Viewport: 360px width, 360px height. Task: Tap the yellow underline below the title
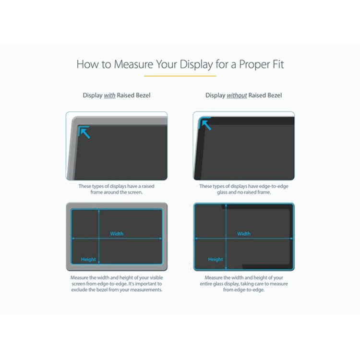click(180, 76)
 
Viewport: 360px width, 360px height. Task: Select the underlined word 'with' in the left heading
click(109, 96)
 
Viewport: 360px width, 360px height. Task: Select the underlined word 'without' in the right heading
click(237, 96)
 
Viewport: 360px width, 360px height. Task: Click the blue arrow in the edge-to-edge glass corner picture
click(206, 125)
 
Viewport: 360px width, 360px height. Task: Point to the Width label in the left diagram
click(117, 234)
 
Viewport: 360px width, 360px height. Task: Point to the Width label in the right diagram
click(244, 234)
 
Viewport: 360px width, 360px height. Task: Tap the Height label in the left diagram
click(88, 259)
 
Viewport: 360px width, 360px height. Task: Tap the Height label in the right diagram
click(216, 259)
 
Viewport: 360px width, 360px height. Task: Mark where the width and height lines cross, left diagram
click(98, 238)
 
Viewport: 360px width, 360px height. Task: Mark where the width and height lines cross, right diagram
click(226, 238)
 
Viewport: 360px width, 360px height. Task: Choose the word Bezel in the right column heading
click(272, 96)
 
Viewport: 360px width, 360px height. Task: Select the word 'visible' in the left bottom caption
click(153, 278)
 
